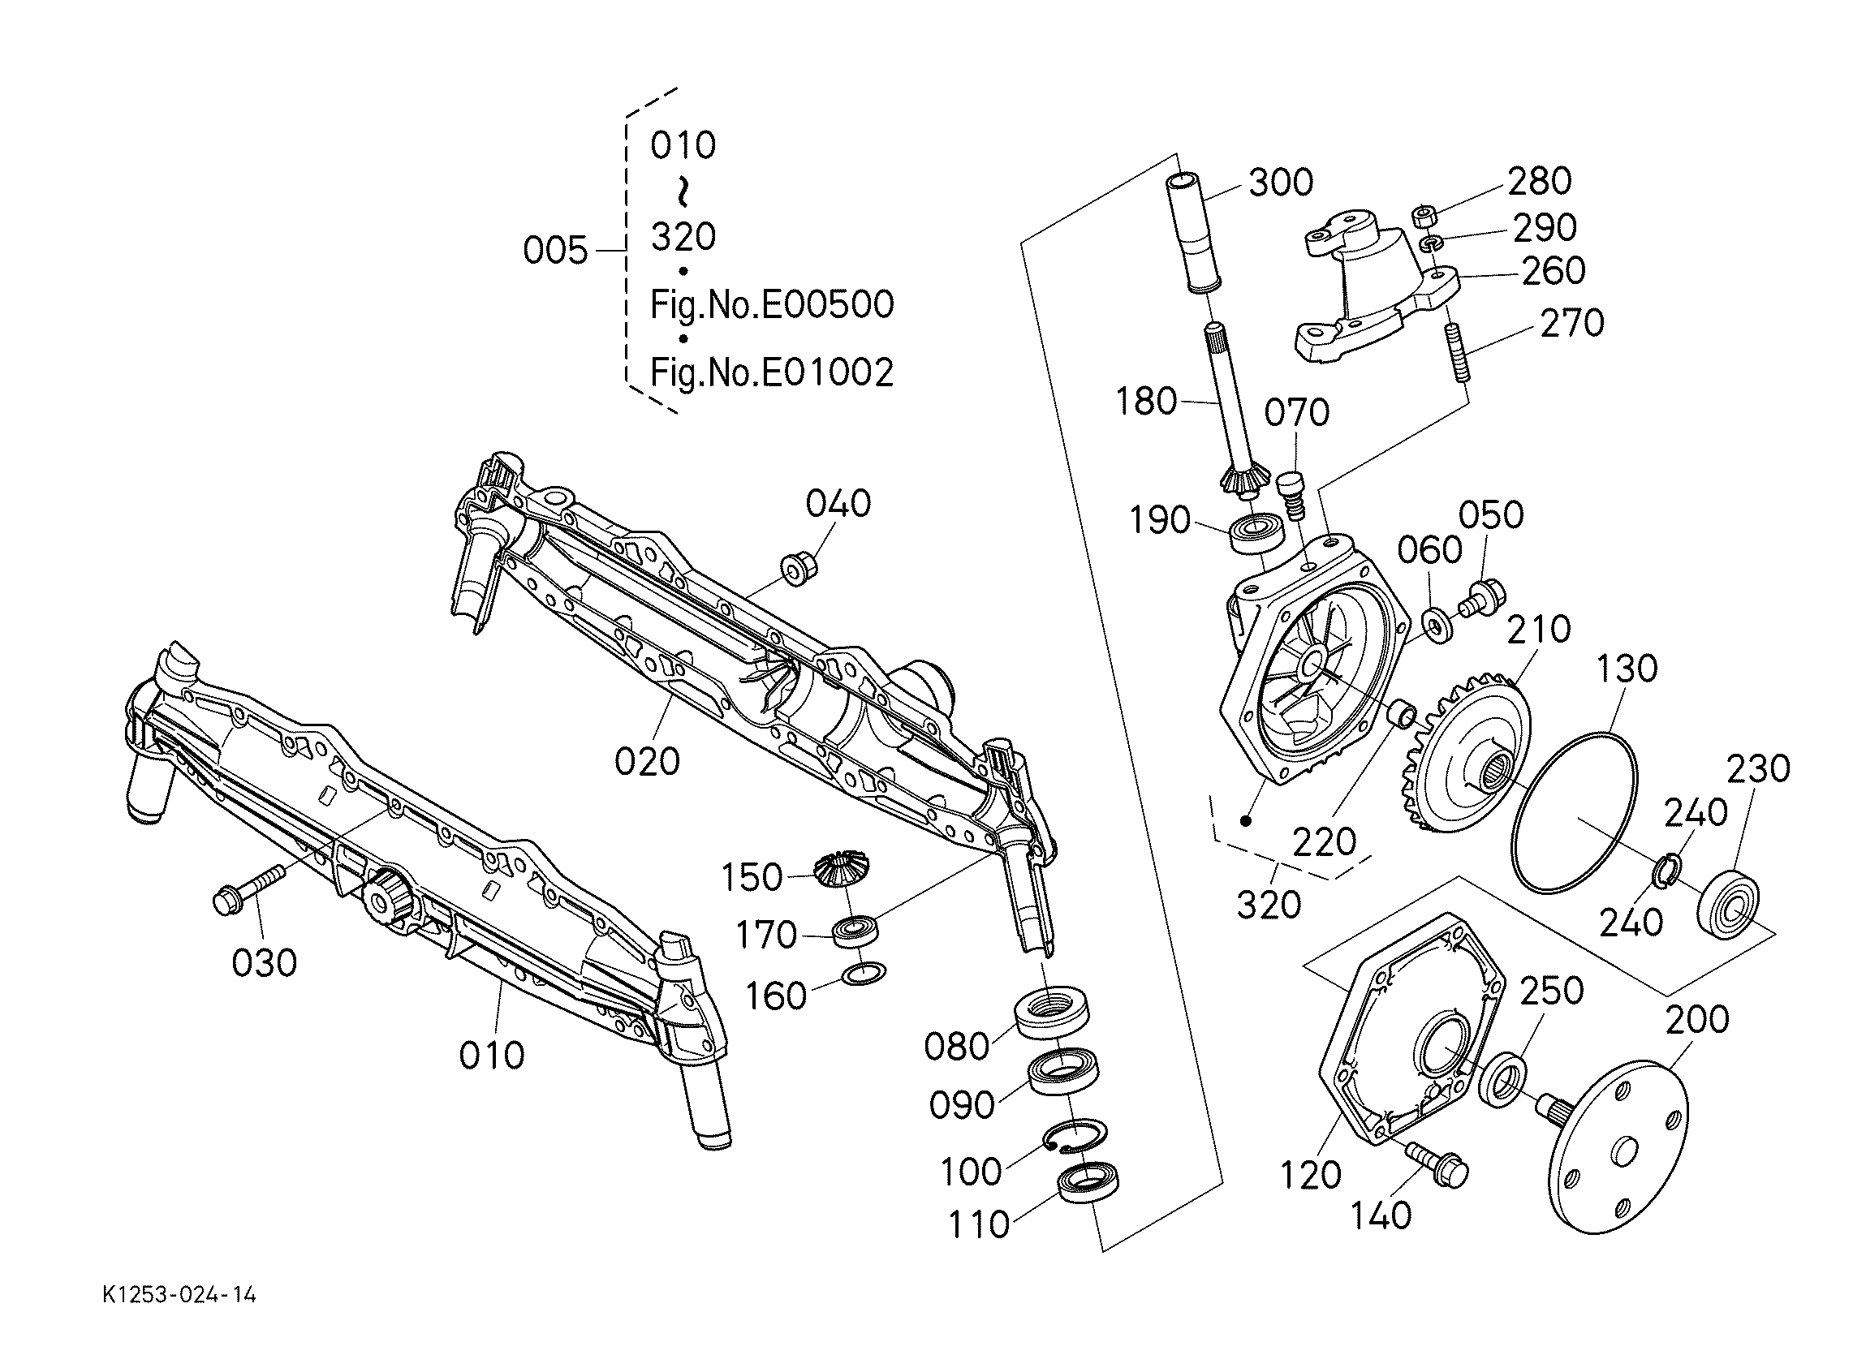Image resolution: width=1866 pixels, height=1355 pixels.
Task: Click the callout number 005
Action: click(x=555, y=249)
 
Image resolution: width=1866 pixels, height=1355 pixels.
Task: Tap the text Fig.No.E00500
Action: click(x=772, y=305)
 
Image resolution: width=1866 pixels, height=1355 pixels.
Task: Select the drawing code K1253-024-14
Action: click(x=179, y=1296)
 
